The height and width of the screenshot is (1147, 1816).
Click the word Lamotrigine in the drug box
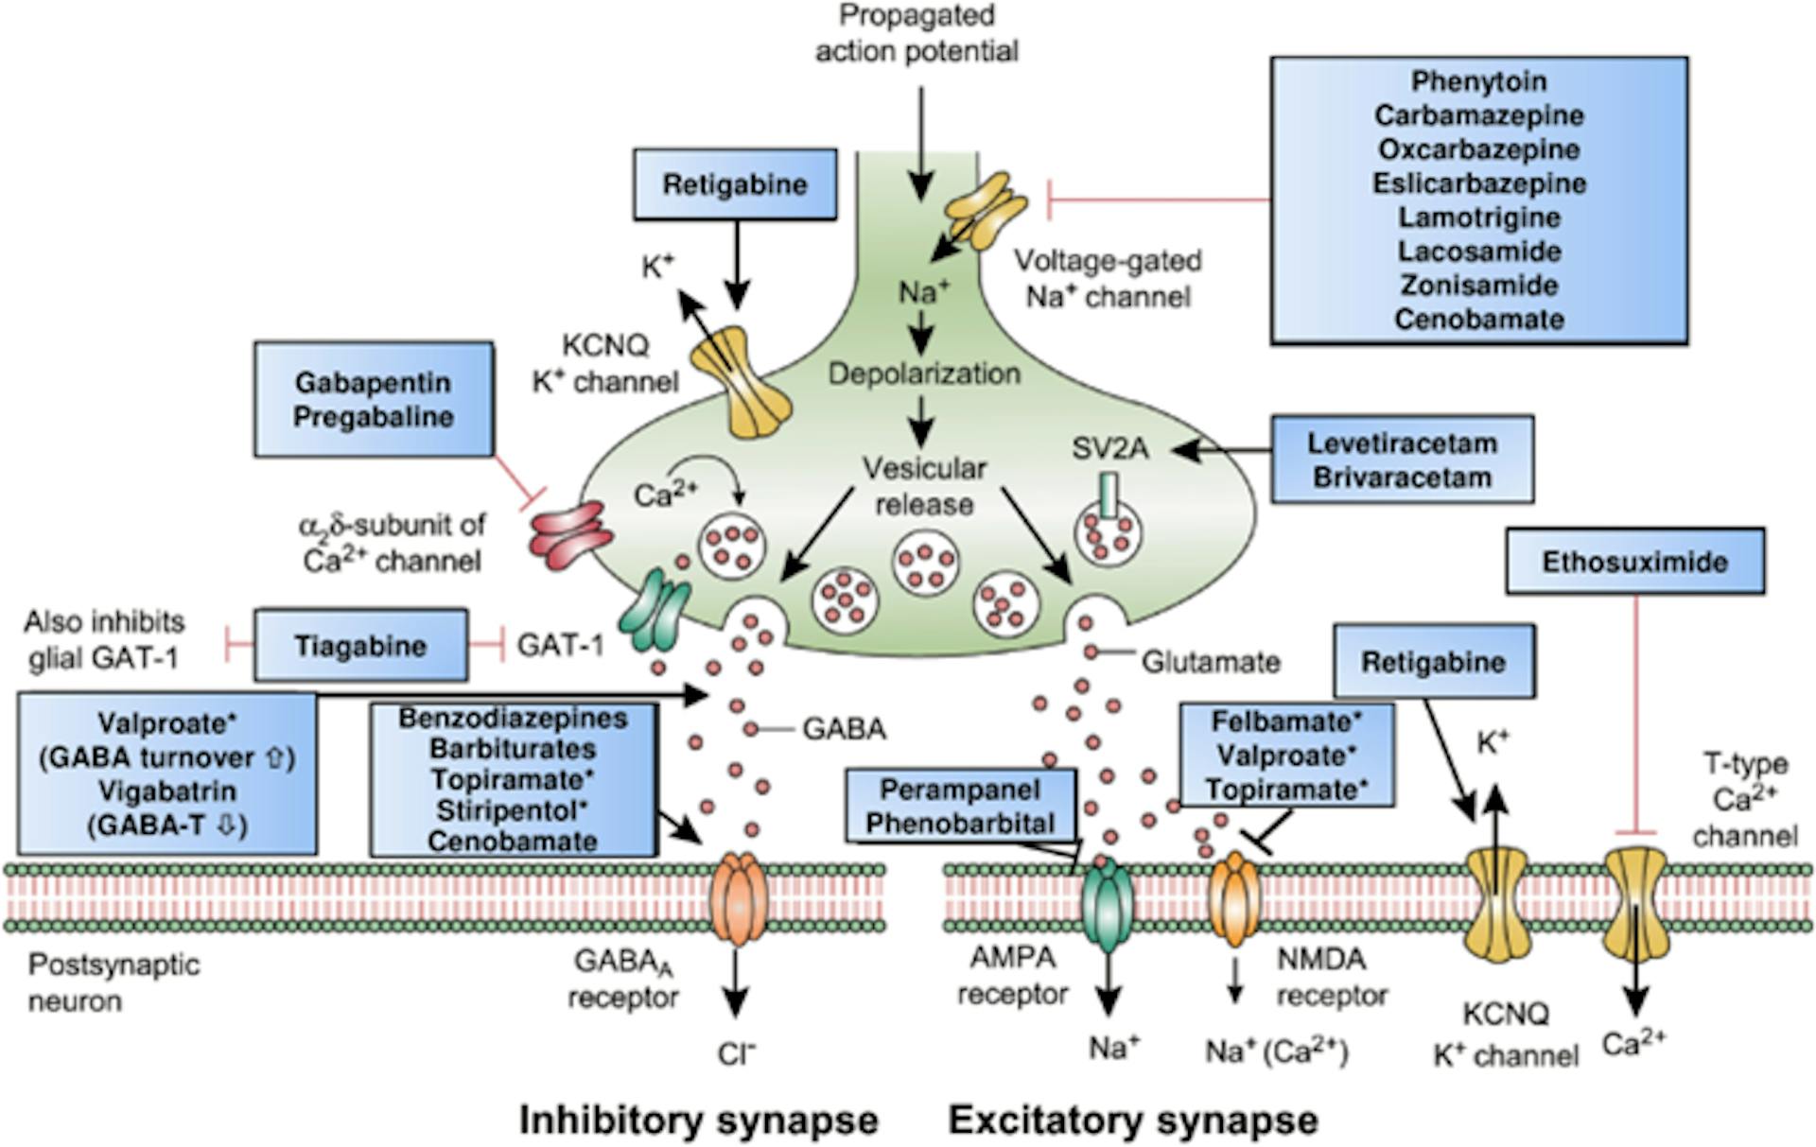click(1478, 217)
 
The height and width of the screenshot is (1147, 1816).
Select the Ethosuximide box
click(1634, 562)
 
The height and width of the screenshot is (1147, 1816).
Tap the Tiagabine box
click(360, 646)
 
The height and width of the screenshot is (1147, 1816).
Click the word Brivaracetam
click(1402, 478)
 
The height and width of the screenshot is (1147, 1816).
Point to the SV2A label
click(1109, 448)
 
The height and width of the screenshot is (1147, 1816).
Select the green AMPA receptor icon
click(1107, 903)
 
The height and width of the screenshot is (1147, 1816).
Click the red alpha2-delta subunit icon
click(570, 536)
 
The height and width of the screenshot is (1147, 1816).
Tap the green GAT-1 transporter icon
click(655, 613)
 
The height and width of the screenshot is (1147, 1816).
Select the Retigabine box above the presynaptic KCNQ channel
click(734, 184)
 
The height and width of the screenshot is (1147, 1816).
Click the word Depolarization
click(924, 374)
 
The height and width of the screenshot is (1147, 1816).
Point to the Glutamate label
click(1210, 662)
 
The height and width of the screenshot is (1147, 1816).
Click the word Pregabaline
click(373, 417)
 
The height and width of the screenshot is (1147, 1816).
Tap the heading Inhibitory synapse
click(698, 1120)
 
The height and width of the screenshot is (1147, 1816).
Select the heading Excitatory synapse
click(1132, 1120)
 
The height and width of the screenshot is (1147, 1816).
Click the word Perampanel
click(959, 790)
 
